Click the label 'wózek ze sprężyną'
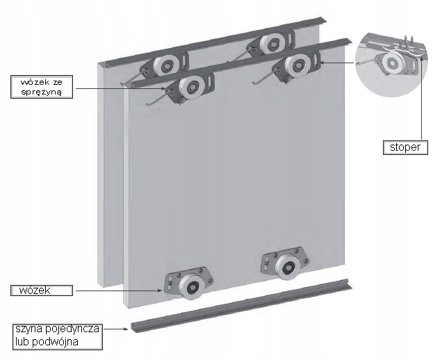(42, 87)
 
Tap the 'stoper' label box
(405, 147)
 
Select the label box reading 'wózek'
(42, 291)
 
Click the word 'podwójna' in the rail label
(55, 342)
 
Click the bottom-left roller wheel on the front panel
(191, 287)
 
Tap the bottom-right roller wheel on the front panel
(288, 267)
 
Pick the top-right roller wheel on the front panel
(297, 66)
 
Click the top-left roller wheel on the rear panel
(165, 66)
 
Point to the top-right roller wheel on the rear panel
(272, 44)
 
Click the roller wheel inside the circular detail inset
(392, 63)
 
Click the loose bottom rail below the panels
(240, 306)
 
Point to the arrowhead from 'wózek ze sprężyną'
(164, 89)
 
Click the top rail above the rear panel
(215, 43)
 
